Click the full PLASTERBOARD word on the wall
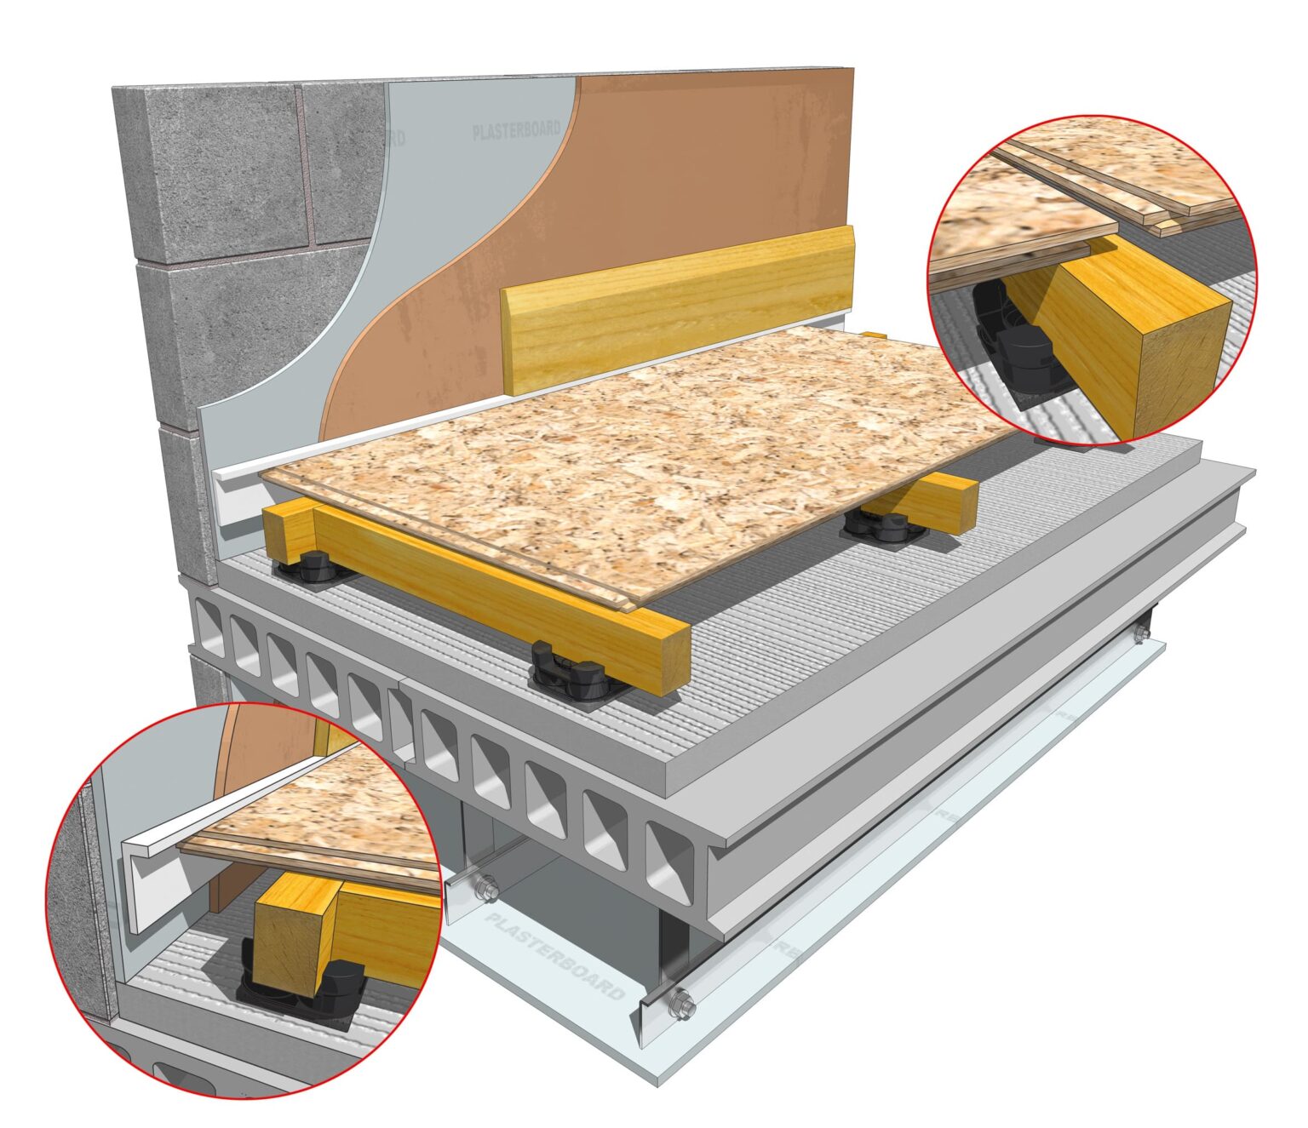click(517, 130)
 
